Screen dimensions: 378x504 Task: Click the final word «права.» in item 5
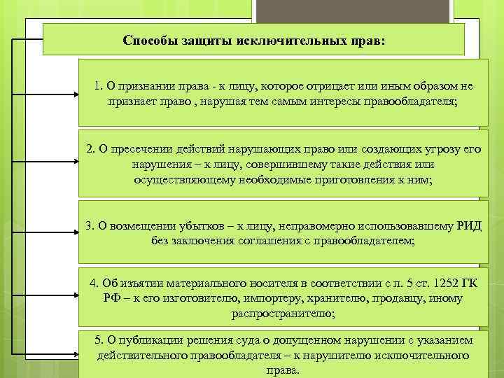point(283,370)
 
